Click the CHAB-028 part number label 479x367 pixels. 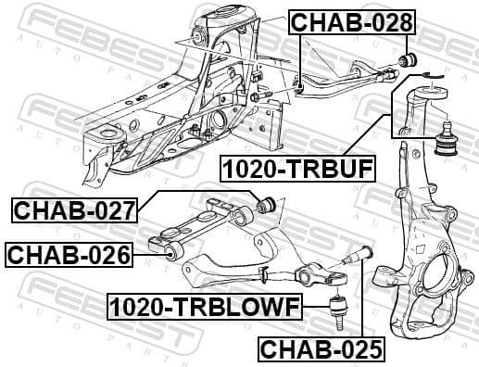pos(351,22)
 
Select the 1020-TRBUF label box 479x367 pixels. pos(297,169)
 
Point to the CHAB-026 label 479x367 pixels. pos(69,253)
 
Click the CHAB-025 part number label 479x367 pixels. pos(320,348)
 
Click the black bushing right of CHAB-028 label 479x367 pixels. pos(404,60)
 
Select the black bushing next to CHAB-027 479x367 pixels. pos(269,202)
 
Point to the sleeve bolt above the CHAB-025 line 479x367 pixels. pos(362,256)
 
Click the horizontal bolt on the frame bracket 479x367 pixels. pos(262,96)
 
